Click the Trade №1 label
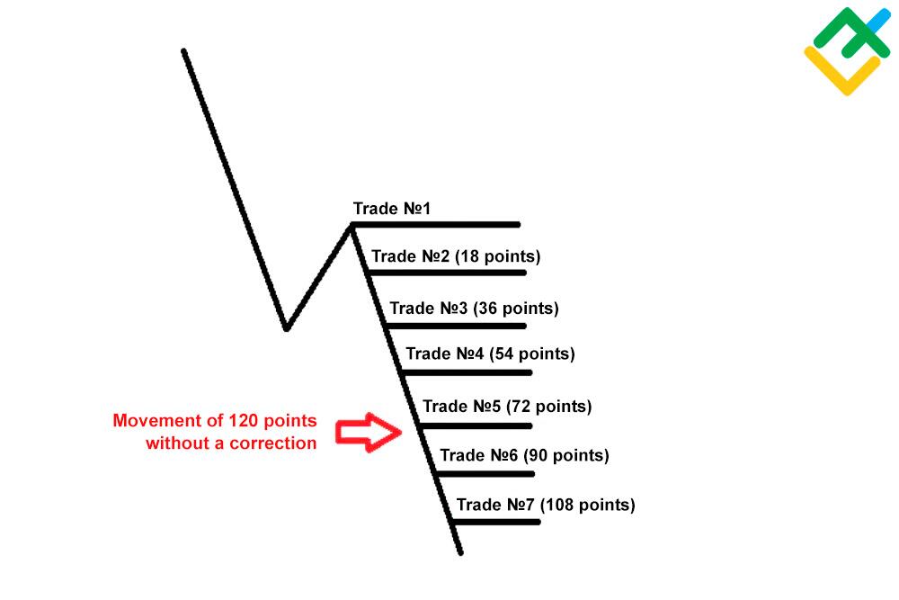pyautogui.click(x=392, y=208)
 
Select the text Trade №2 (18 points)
pyautogui.click(x=456, y=255)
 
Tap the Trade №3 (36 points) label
pyautogui.click(x=474, y=308)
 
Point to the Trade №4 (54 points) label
pyautogui.click(x=490, y=354)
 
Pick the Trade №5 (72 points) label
pyautogui.click(x=507, y=406)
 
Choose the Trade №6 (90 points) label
pyautogui.click(x=524, y=455)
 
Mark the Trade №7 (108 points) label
pyautogui.click(x=546, y=505)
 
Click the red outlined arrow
pyautogui.click(x=369, y=432)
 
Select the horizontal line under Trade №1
pyautogui.click(x=436, y=225)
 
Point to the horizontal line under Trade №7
pyautogui.click(x=496, y=522)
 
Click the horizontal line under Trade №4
pyautogui.click(x=466, y=372)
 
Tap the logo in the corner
pyautogui.click(x=848, y=50)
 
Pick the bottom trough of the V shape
pyautogui.click(x=286, y=328)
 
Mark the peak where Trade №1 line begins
pyautogui.click(x=351, y=226)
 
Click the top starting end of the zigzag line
pyautogui.click(x=183, y=51)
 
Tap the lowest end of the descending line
pyautogui.click(x=460, y=553)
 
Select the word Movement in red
pyautogui.click(x=148, y=420)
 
